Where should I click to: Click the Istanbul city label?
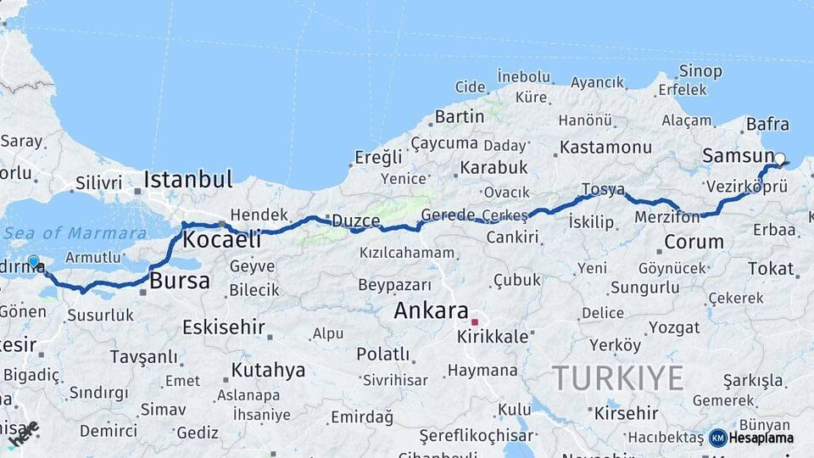point(187,180)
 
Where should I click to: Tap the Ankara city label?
point(431,310)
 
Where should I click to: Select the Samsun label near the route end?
point(738,157)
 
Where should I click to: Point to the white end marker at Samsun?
point(780,158)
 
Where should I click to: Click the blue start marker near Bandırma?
point(33,262)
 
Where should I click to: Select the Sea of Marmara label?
point(75,233)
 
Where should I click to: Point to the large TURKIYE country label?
point(617,377)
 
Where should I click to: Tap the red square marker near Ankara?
point(475,322)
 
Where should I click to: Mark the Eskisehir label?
point(224,327)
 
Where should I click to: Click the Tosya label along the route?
point(603,189)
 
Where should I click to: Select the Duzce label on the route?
point(355,221)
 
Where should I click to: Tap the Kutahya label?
point(268,371)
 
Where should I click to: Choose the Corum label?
point(694,242)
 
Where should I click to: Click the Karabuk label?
point(493,167)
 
